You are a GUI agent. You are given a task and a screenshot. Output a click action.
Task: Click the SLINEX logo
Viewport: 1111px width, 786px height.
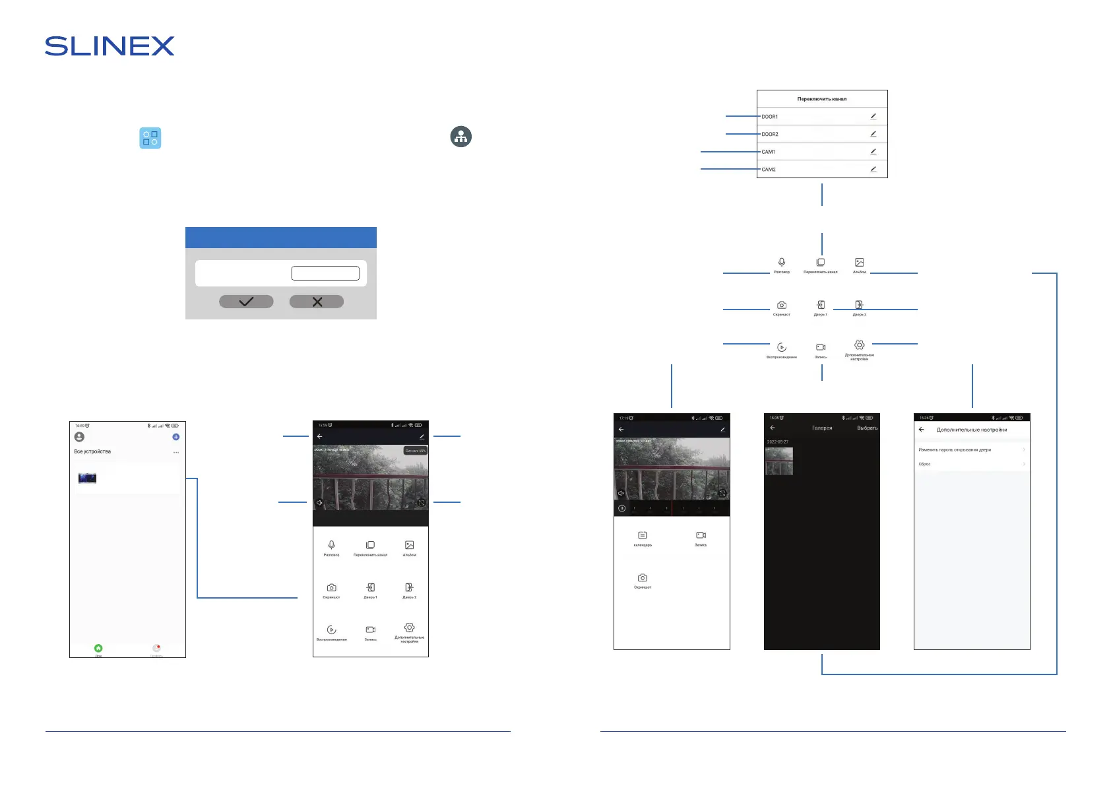click(110, 46)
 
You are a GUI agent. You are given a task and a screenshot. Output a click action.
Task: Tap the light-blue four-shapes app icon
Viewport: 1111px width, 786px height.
click(150, 138)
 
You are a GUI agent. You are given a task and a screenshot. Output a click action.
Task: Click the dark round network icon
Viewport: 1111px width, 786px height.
click(460, 137)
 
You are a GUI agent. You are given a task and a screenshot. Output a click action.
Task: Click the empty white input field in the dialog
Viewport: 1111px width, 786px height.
click(325, 273)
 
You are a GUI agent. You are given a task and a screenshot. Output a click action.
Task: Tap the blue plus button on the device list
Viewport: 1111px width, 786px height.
click(175, 437)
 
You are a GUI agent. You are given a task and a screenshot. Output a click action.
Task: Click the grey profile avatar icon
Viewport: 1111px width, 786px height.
click(80, 437)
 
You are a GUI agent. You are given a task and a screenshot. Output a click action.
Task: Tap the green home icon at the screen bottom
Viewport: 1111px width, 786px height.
click(98, 648)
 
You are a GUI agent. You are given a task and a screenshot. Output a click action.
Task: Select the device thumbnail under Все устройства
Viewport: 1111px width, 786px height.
click(87, 478)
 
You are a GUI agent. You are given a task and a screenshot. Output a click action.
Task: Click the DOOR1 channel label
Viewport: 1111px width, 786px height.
click(770, 117)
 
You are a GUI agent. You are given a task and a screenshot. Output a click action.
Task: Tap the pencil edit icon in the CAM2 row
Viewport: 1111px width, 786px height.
click(873, 169)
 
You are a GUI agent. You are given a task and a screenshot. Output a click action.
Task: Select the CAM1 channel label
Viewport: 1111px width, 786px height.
click(769, 152)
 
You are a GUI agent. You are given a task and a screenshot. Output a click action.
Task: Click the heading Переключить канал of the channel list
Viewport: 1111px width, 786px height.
click(821, 99)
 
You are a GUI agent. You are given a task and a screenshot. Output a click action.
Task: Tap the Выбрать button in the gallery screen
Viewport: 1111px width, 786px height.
click(867, 428)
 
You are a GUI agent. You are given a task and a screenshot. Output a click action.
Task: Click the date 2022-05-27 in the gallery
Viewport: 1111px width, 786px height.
click(778, 442)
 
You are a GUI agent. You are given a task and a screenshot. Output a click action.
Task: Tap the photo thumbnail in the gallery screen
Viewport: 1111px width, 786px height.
click(779, 461)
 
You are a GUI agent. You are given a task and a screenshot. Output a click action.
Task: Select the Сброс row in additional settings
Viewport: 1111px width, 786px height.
click(925, 464)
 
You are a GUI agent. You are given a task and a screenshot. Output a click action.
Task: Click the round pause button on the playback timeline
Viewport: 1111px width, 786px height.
click(621, 508)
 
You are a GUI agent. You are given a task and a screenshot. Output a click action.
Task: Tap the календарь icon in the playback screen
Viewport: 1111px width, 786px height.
click(643, 536)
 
